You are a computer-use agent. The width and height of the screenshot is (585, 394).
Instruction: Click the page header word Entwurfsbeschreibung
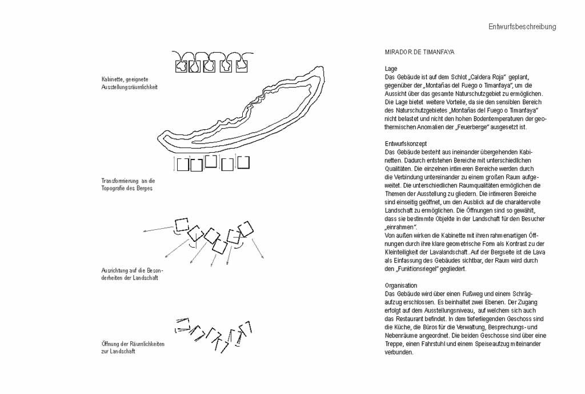522,26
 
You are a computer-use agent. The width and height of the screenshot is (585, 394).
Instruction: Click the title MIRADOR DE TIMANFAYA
419,52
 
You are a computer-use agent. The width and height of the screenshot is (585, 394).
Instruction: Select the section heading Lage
391,69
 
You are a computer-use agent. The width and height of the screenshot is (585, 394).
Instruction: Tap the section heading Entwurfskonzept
406,144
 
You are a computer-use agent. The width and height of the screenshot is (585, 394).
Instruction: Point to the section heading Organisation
400,286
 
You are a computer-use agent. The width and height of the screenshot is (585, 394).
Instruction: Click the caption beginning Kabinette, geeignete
130,83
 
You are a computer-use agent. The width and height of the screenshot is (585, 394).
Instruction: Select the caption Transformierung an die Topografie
128,185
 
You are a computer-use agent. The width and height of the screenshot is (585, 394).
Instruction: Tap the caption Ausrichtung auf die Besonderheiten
133,274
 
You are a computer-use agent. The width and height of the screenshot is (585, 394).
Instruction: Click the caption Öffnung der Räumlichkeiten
133,348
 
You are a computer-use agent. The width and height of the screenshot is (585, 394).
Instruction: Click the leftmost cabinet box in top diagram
182,66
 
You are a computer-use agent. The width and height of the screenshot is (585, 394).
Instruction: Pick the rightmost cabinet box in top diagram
242,66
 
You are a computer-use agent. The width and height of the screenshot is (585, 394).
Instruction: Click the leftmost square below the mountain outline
182,165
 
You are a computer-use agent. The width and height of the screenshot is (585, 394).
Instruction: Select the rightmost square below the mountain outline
243,162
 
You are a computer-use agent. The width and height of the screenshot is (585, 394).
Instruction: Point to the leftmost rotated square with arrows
182,225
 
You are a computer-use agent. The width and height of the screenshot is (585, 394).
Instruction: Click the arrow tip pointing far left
143,232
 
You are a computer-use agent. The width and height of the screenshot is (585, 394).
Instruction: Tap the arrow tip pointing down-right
264,258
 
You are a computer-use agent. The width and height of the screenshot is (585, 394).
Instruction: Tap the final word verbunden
399,352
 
